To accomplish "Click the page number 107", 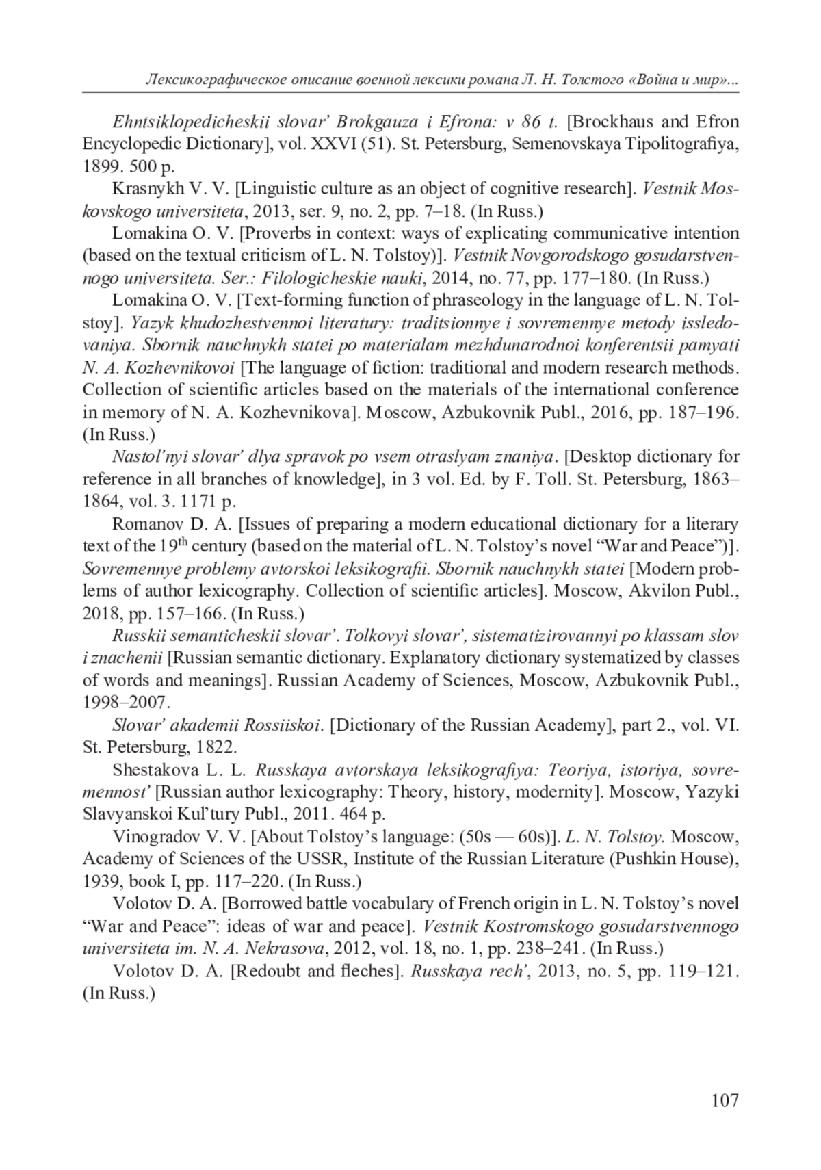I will [725, 1100].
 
